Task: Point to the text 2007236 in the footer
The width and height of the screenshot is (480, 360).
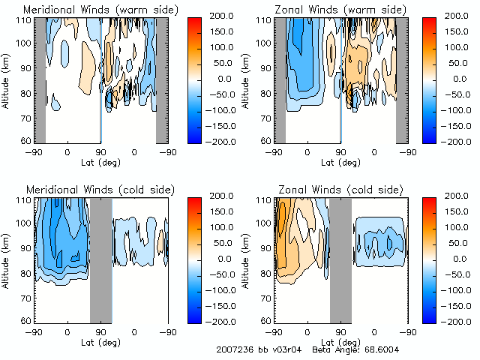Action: pos(234,350)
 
